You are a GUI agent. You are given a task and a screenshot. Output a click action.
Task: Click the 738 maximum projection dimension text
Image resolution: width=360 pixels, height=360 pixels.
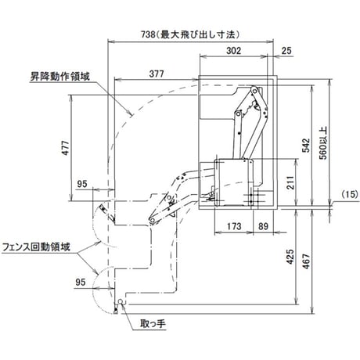tap(190, 34)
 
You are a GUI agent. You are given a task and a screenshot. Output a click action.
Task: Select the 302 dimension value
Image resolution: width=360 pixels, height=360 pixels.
tap(234, 50)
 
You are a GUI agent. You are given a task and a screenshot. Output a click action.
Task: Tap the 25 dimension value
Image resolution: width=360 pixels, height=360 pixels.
tap(286, 51)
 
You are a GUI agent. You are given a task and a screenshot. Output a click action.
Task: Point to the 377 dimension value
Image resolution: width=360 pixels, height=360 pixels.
tap(157, 74)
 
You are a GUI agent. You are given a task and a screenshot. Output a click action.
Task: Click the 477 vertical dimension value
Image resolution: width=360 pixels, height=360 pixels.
tap(66, 148)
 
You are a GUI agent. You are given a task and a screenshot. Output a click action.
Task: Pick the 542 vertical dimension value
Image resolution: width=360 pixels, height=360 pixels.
tap(306, 146)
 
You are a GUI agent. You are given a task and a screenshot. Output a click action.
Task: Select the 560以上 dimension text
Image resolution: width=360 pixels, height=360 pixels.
tap(323, 143)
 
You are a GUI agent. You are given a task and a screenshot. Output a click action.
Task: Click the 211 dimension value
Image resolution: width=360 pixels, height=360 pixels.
tap(290, 182)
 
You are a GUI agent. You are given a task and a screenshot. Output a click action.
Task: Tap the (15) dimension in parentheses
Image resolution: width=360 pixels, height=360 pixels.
tap(350, 194)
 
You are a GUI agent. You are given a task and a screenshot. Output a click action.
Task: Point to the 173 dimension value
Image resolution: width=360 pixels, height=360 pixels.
tap(234, 226)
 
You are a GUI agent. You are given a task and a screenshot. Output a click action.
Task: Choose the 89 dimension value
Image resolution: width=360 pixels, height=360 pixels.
tap(263, 226)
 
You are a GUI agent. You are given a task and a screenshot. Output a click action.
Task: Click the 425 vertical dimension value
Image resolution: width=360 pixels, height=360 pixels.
tap(290, 257)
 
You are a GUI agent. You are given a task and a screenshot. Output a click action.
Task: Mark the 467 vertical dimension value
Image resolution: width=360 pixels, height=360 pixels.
tap(307, 261)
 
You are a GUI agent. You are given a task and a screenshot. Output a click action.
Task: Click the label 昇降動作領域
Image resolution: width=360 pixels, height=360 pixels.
tap(60, 77)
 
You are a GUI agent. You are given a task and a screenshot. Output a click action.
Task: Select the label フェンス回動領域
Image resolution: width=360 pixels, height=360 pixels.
tap(36, 247)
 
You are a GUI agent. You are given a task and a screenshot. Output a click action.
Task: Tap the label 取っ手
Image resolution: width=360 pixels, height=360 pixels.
tap(153, 324)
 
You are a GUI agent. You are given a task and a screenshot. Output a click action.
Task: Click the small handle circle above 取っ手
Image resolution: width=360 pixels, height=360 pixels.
tap(121, 301)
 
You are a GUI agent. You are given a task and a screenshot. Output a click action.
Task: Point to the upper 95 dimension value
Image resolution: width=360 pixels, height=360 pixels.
tap(82, 184)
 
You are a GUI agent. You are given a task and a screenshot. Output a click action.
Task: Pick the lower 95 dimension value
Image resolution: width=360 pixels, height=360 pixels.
tap(81, 282)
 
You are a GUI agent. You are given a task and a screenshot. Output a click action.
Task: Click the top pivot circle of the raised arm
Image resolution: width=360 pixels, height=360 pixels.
tap(254, 91)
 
